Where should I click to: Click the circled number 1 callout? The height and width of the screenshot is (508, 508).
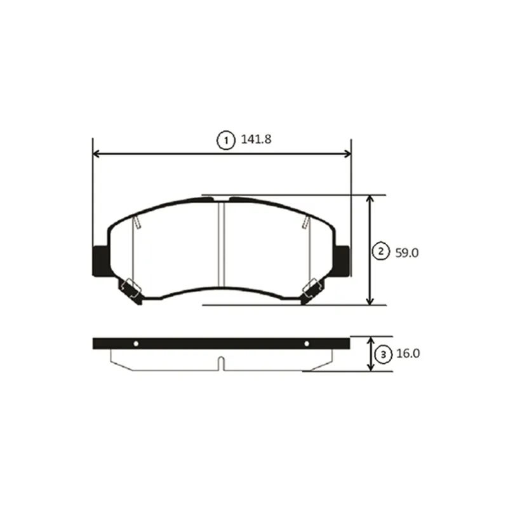tap(225, 140)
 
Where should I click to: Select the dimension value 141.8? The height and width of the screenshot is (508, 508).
tap(256, 139)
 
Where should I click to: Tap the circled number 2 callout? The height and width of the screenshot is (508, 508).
tap(381, 251)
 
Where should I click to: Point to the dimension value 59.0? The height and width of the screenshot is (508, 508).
tap(407, 253)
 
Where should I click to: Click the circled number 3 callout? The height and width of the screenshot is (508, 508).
tap(384, 354)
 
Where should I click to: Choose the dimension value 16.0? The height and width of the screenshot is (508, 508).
tap(408, 354)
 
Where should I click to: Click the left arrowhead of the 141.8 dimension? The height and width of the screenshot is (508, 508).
tap(97, 154)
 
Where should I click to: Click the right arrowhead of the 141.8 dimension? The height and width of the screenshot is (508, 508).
tap(347, 154)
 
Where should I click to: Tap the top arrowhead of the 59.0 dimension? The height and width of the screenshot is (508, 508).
tap(370, 199)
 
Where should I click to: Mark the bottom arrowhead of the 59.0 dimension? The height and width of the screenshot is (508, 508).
tap(370, 301)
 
